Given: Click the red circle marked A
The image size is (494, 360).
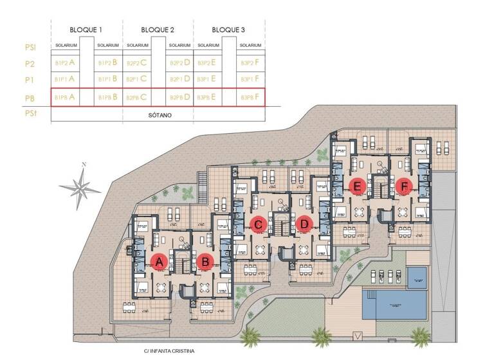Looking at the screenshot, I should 159,261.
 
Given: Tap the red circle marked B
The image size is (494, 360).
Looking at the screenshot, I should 205,261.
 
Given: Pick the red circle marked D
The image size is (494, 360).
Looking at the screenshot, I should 305,224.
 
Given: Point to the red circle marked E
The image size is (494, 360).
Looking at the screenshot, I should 358,186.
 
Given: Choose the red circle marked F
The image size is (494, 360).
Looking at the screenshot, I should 404,186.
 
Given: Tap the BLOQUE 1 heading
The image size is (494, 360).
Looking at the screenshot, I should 86,30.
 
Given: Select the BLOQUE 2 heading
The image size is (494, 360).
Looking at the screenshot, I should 158,30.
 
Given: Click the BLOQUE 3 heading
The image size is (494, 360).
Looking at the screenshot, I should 229,30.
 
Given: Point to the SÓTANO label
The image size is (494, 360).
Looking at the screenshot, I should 158,116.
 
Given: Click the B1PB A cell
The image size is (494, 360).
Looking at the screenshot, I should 65,98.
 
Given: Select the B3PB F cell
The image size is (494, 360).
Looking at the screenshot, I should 250,98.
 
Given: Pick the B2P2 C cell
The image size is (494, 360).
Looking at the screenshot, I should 136,63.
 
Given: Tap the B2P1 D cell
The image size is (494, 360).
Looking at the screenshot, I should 179,79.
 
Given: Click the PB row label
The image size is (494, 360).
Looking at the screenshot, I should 30,98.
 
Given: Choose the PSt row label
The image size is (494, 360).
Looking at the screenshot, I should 30,115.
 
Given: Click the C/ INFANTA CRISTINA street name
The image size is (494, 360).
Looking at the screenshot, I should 170,352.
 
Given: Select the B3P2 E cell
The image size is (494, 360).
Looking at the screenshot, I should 208,63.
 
